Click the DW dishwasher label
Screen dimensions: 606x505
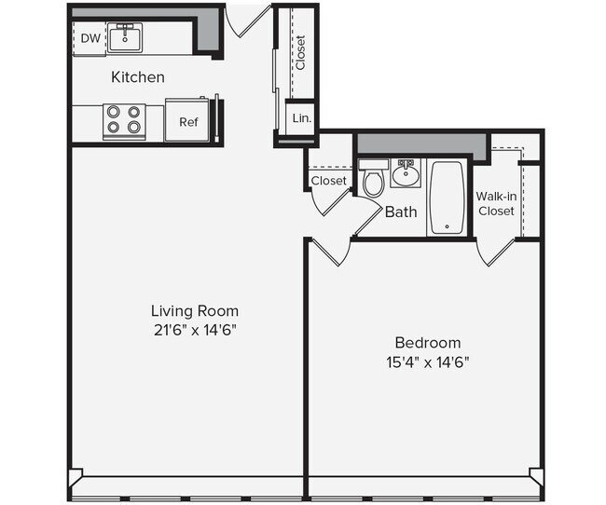coord(90,38)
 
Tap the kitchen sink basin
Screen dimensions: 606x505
coord(125,37)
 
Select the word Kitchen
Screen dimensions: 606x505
coord(138,77)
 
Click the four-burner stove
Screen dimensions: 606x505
coord(124,122)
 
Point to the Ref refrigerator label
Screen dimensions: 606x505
coord(188,122)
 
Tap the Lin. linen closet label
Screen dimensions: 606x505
coord(302,118)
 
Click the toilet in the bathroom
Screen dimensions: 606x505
coord(373,178)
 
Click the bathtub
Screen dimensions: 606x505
coord(448,198)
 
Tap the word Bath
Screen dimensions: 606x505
coord(401,212)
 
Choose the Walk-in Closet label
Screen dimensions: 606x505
coord(496,204)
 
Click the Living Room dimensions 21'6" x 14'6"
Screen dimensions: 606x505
coord(195,331)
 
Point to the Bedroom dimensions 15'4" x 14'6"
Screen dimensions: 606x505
coord(428,362)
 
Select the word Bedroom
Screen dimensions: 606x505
coord(428,343)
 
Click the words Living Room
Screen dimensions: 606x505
coord(195,311)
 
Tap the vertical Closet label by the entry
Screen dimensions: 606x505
coord(301,52)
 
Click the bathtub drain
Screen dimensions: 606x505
coord(448,226)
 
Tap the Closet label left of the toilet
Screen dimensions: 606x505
coord(329,181)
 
